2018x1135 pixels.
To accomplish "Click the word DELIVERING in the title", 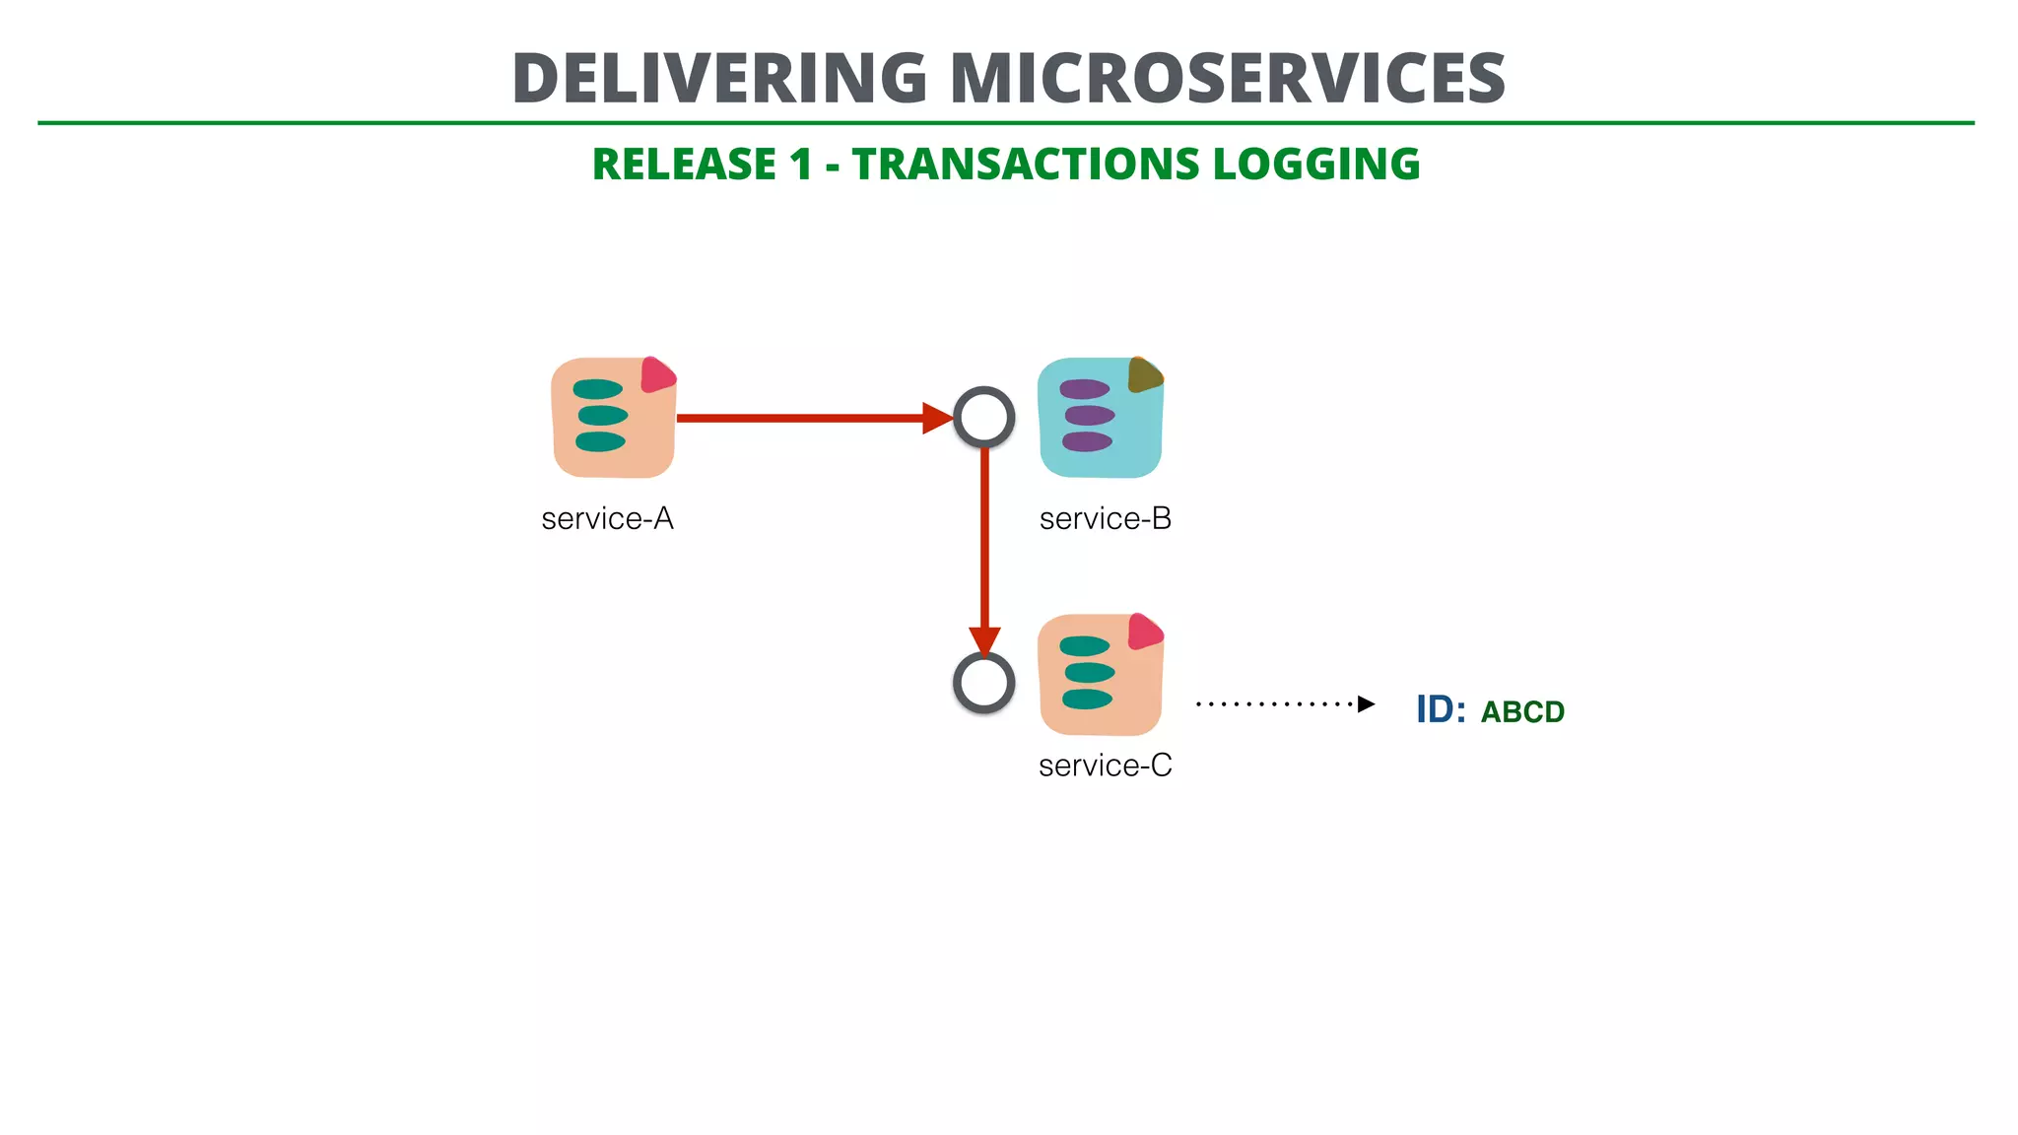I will (719, 79).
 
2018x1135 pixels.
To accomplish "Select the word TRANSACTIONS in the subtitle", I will (1025, 165).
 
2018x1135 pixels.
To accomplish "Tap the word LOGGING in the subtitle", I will (1316, 165).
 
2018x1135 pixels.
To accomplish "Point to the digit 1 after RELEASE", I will (800, 165).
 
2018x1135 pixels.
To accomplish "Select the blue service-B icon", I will (1100, 419).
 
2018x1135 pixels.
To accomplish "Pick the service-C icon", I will (1100, 676).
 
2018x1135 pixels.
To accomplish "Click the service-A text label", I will (607, 519).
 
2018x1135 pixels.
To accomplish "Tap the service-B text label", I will (1105, 519).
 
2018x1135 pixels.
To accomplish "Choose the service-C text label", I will (1105, 766).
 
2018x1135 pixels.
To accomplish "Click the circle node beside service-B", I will (983, 418).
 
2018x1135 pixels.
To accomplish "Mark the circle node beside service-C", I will (983, 683).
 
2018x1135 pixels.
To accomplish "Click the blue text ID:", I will (1440, 709).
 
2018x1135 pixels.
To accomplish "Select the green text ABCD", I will (1522, 712).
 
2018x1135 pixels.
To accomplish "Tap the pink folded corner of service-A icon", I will (656, 375).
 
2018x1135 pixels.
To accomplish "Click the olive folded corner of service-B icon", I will (1144, 374).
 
